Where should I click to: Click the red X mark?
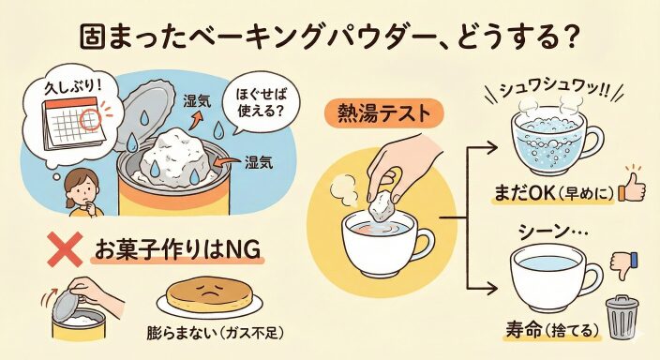(x=65, y=248)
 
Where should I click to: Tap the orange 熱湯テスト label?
(x=383, y=114)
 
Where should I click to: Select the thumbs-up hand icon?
(x=631, y=188)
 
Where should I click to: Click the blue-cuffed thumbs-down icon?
(x=624, y=265)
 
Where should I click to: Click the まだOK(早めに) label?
(x=554, y=193)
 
